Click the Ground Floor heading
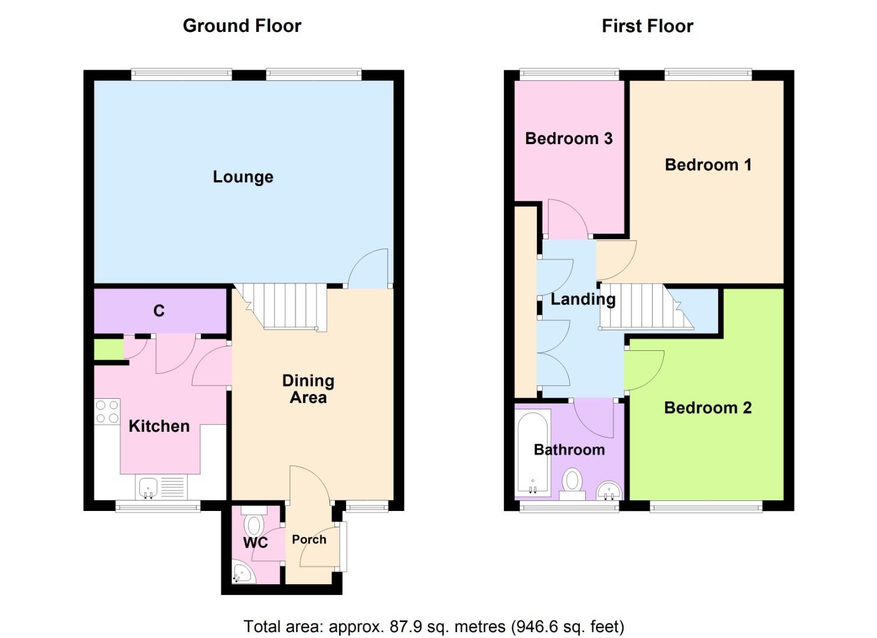242,26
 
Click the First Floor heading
647,26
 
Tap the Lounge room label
243,177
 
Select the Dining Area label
308,389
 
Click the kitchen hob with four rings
107,412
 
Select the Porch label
309,539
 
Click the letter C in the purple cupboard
159,311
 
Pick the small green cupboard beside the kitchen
109,349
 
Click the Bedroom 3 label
568,138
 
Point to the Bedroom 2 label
708,408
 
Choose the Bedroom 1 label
708,164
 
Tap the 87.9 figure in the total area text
404,626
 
